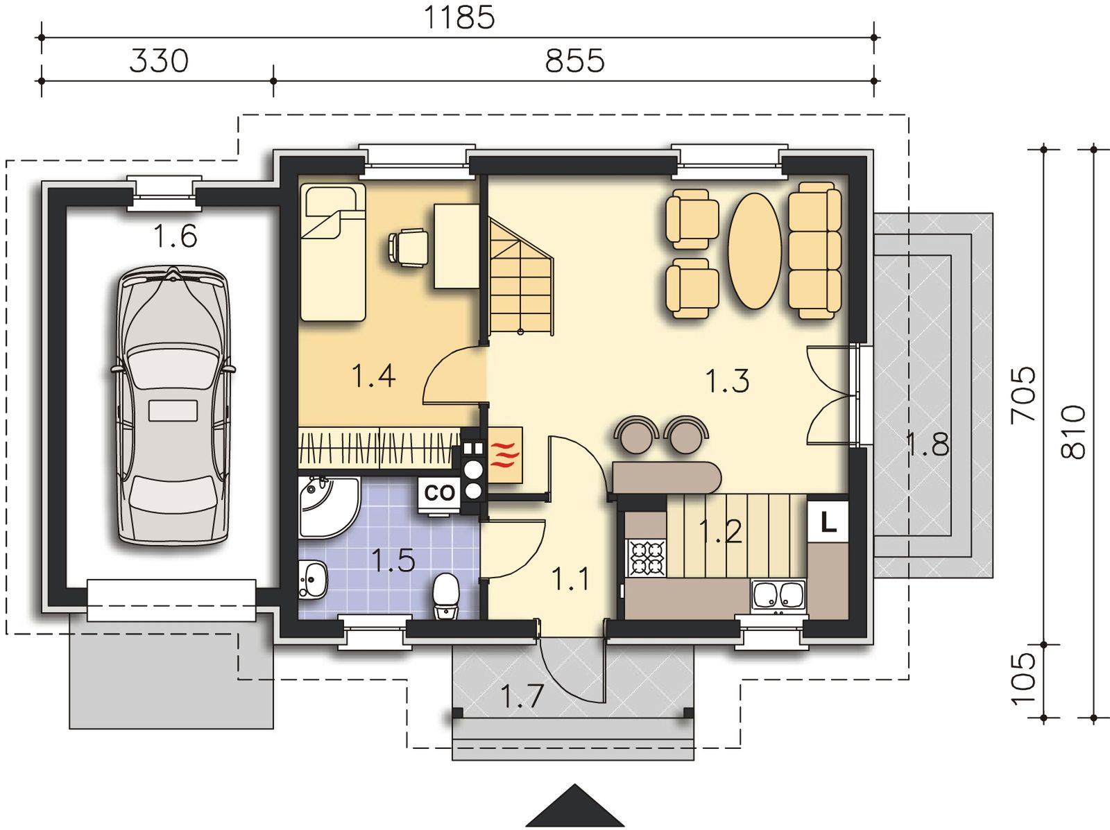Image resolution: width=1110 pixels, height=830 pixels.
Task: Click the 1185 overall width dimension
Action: click(458, 18)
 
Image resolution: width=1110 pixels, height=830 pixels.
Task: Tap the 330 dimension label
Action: click(160, 61)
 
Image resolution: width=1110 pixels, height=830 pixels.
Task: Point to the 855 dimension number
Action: click(574, 61)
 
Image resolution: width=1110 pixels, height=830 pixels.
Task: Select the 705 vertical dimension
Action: click(1023, 395)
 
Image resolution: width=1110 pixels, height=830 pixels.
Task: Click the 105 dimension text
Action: click(1023, 679)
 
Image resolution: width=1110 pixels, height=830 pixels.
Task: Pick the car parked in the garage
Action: click(173, 406)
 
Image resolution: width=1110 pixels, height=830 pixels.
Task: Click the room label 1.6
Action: click(175, 236)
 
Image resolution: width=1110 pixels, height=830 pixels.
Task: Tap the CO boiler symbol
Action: click(439, 494)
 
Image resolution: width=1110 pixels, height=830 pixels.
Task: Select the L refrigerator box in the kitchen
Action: click(828, 521)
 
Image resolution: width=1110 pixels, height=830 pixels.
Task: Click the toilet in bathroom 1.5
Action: click(446, 595)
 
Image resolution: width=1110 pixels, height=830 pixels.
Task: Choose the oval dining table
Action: click(755, 251)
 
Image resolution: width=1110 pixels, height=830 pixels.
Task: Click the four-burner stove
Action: click(647, 558)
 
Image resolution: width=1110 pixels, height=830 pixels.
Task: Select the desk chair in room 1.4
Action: click(408, 247)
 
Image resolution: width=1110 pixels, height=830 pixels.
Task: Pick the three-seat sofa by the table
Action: click(814, 251)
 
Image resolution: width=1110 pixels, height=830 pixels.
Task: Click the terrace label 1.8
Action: click(928, 445)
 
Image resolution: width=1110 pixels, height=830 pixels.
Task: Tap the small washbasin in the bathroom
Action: click(313, 580)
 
